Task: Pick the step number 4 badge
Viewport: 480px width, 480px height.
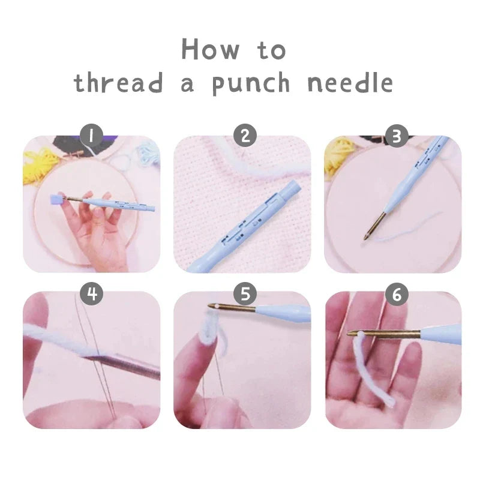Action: pyautogui.click(x=92, y=293)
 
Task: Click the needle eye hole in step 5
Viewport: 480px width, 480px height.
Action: pyautogui.click(x=212, y=307)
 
